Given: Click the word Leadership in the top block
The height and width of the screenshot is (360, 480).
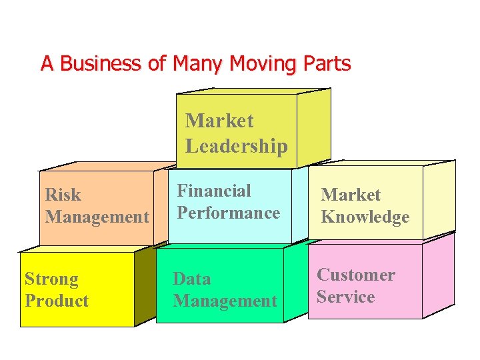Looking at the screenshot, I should tap(237, 146).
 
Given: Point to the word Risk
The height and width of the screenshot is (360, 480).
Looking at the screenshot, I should tap(63, 195).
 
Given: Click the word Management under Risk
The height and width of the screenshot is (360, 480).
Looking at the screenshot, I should tap(97, 217).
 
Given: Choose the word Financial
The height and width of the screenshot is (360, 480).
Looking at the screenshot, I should tap(213, 191).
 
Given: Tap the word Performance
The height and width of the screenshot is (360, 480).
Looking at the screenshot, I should tap(228, 213).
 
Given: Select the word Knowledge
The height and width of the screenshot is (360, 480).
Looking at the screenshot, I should tap(365, 217).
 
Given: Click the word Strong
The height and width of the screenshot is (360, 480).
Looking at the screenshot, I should tap(51, 279).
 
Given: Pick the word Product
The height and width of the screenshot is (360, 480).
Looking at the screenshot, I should tap(57, 301).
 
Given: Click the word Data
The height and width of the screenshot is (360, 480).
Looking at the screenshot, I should tap(191, 279).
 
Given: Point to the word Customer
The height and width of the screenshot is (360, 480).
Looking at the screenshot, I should tap(355, 275).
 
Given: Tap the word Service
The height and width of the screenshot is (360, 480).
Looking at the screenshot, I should tap(345, 297).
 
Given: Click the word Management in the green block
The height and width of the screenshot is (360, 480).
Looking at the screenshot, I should tap(225, 301).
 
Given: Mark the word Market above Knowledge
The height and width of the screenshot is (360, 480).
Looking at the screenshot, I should tap(351, 195).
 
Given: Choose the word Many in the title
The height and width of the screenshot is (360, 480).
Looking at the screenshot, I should tap(199, 64).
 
